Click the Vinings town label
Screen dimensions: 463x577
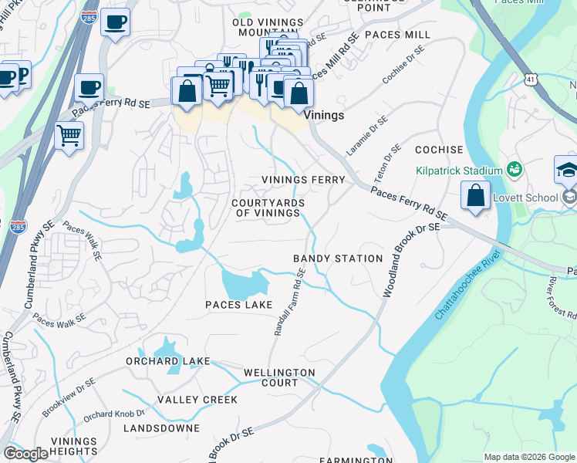click(x=323, y=114)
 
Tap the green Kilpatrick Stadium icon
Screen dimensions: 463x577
click(x=515, y=169)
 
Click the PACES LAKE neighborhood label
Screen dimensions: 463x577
click(x=238, y=305)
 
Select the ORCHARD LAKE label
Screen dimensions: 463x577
click(x=165, y=361)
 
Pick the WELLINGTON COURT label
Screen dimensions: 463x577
click(x=279, y=377)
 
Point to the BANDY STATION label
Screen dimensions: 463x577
click(x=338, y=259)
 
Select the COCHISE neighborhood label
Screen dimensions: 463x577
click(x=439, y=150)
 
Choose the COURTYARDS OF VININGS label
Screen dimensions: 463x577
click(x=268, y=208)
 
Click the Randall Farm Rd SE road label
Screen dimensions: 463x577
click(x=290, y=302)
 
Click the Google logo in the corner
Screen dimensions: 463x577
click(x=25, y=454)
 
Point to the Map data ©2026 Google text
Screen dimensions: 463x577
click(x=529, y=457)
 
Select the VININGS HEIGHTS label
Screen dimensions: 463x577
click(x=74, y=446)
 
